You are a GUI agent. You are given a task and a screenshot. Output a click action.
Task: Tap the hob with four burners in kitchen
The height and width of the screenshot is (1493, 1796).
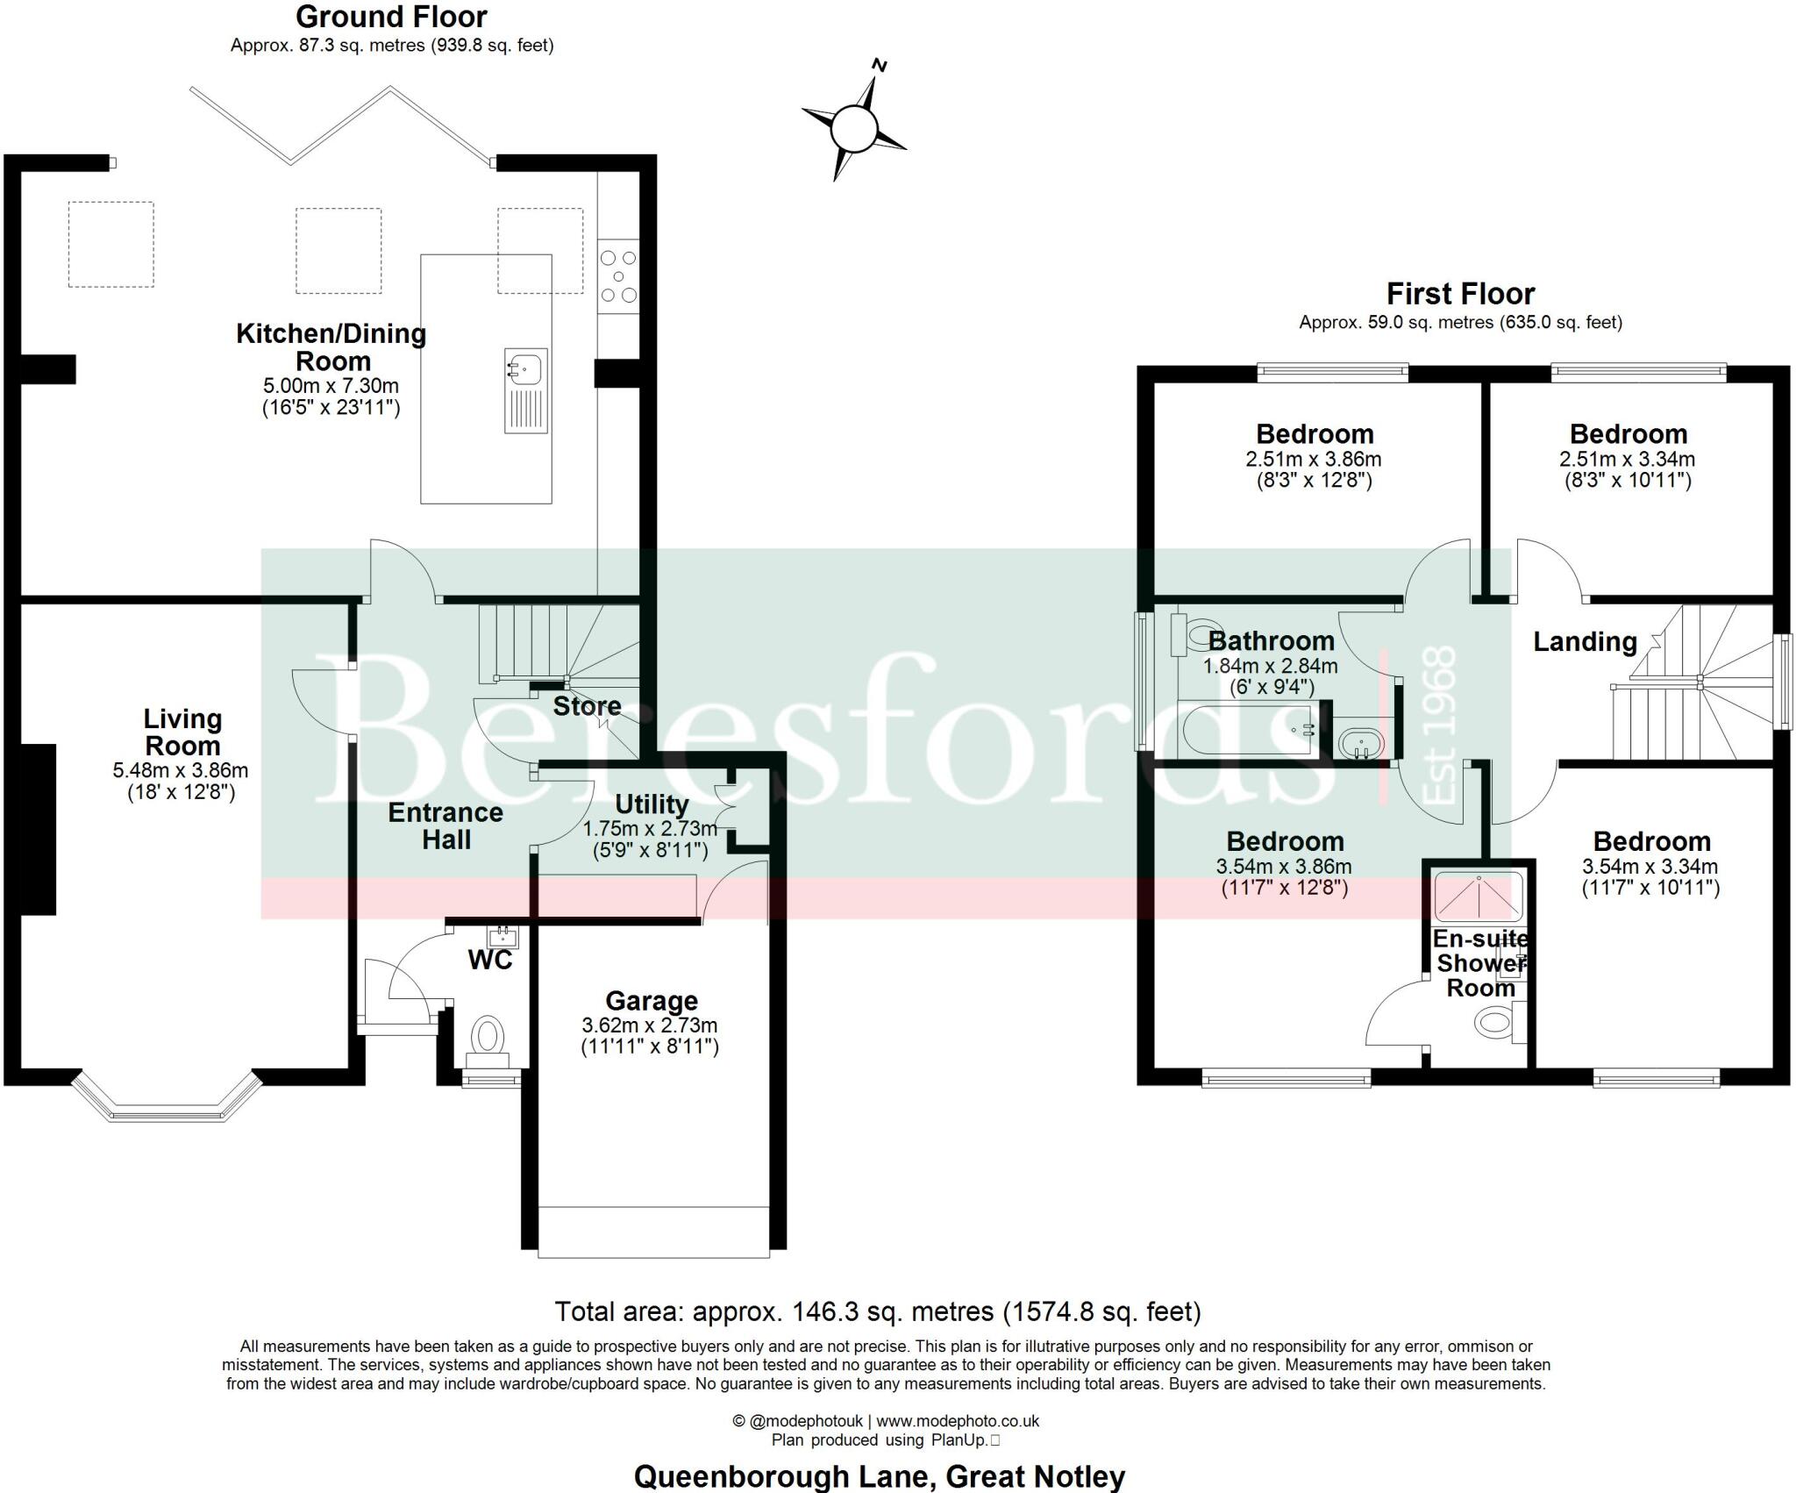click(x=618, y=276)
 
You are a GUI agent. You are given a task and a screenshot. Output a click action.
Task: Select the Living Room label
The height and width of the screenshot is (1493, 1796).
click(x=182, y=732)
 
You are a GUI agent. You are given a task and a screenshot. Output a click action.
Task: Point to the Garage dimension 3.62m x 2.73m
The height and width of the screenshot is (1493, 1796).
click(x=650, y=1025)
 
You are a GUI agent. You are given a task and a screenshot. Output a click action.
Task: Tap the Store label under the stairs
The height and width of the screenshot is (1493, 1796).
click(x=587, y=706)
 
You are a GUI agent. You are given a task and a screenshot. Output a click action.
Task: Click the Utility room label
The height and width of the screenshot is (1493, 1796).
click(x=652, y=804)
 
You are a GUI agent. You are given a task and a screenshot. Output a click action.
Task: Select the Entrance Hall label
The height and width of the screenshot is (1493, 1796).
click(x=445, y=825)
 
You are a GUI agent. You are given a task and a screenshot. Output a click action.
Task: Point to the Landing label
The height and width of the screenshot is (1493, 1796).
click(x=1585, y=642)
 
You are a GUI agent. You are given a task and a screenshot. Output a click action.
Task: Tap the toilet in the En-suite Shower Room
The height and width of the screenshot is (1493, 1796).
click(x=1494, y=1021)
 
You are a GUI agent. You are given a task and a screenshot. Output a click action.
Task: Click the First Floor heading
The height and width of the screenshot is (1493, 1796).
click(x=1460, y=294)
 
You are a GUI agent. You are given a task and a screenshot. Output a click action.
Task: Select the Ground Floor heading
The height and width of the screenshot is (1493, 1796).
click(x=391, y=17)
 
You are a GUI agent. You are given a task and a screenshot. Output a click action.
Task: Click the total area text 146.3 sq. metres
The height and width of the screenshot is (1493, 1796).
click(x=877, y=1311)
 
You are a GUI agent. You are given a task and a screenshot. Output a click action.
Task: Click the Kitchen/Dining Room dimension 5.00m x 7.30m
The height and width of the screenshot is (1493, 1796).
click(x=331, y=386)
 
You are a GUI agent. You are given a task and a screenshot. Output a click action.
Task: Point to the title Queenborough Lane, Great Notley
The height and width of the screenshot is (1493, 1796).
click(x=879, y=1476)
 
